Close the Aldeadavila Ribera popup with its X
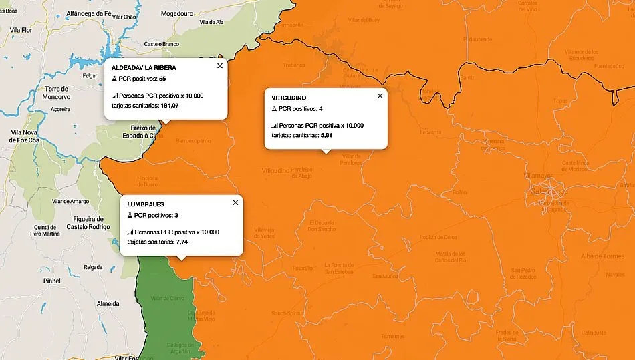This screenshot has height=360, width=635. [219, 66]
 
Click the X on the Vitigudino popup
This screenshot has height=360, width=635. [380, 96]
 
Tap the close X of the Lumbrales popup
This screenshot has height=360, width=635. [235, 202]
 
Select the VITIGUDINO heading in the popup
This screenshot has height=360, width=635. [289, 98]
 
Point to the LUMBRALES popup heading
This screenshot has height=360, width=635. [145, 204]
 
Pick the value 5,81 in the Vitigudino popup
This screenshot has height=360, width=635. [326, 135]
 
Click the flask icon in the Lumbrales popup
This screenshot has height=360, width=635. [130, 216]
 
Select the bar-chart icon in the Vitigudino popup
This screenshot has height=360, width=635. [275, 126]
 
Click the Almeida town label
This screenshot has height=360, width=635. [108, 303]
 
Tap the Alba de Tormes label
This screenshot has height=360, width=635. [602, 256]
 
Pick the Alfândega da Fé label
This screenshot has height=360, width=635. [89, 13]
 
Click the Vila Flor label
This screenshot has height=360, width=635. [22, 31]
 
